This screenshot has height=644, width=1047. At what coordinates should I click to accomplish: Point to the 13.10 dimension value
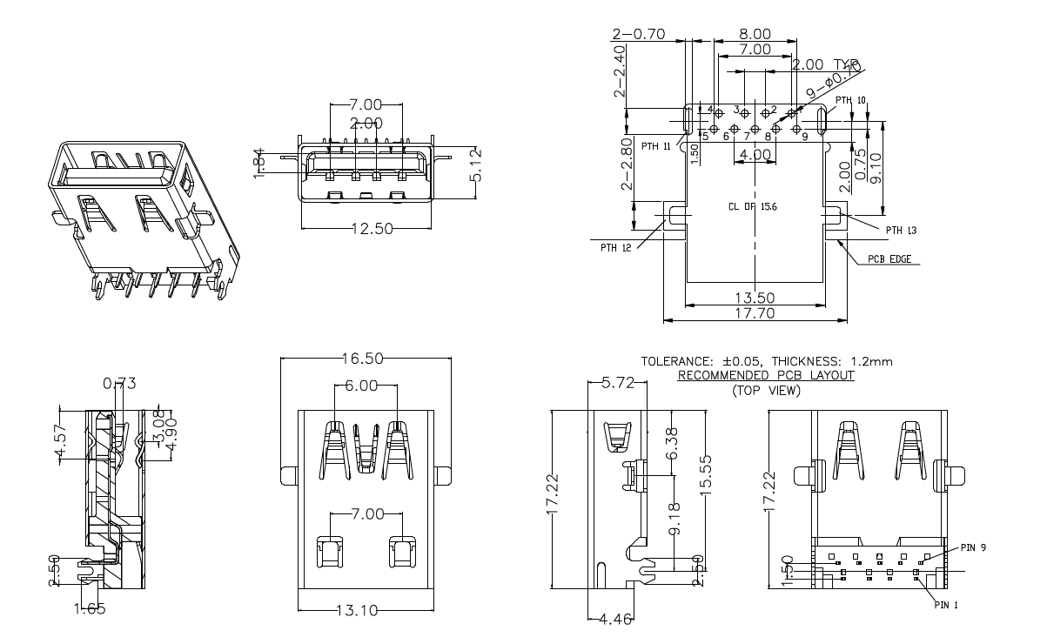[x=358, y=610]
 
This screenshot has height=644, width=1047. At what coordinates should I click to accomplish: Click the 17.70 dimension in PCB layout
[x=754, y=313]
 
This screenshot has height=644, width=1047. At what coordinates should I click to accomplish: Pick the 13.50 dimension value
[x=754, y=298]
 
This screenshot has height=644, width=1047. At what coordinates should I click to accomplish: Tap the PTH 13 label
[x=901, y=230]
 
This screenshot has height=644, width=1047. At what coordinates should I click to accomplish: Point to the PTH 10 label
[x=850, y=101]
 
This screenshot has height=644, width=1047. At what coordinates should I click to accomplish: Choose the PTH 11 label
[x=655, y=146]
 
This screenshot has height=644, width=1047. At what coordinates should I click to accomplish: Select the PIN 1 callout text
[x=945, y=603]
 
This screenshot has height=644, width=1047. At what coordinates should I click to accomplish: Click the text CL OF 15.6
[x=754, y=208]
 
